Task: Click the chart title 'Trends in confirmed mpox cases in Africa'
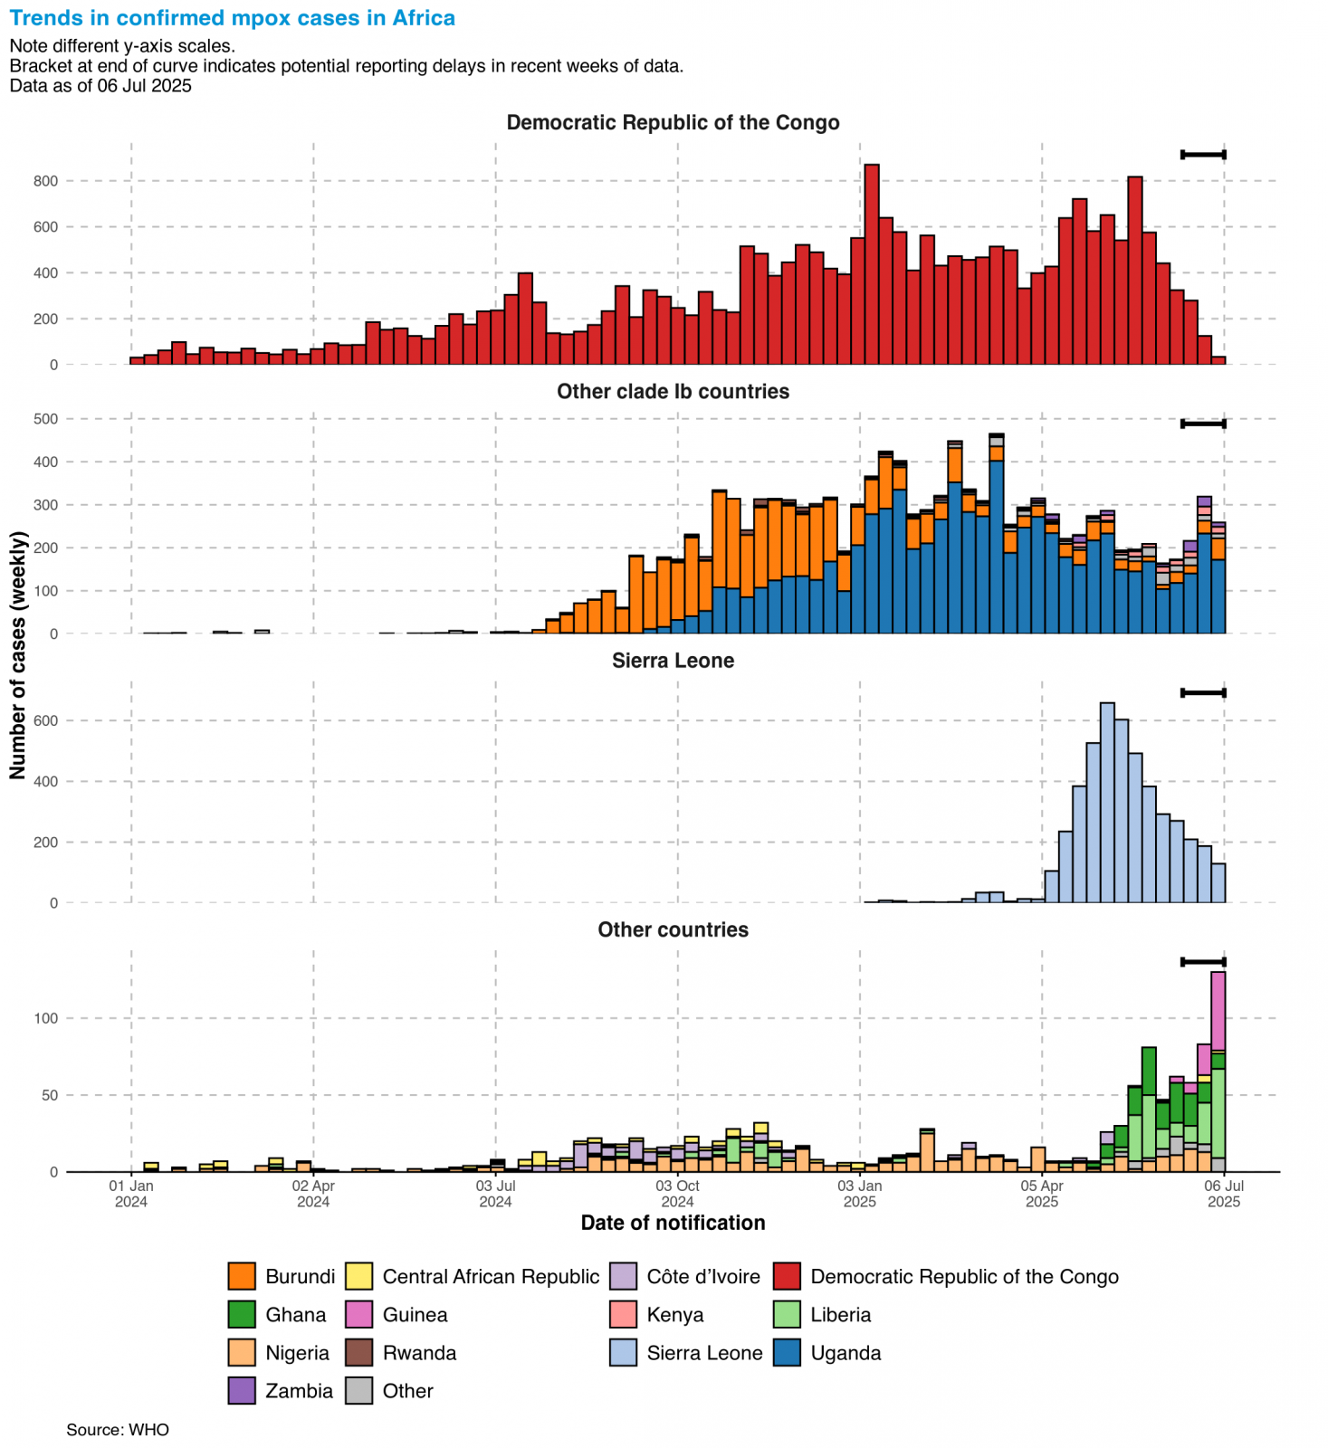(233, 18)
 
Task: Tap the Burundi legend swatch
(242, 1276)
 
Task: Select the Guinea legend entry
(415, 1314)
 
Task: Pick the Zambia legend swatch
(242, 1390)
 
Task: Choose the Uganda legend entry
(846, 1352)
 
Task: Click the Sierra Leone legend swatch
(624, 1352)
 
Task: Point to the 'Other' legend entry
(407, 1390)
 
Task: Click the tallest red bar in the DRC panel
(872, 262)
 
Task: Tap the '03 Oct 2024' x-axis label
(677, 1193)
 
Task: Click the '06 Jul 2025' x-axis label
(1224, 1193)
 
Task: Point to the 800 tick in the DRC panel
(47, 181)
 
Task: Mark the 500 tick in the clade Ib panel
(47, 419)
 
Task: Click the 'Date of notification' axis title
(673, 1223)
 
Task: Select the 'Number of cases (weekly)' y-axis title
(18, 655)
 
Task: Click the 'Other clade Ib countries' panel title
(673, 391)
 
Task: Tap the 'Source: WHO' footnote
(118, 1430)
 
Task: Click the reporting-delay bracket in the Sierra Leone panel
(1203, 693)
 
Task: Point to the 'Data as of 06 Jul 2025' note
(100, 86)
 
